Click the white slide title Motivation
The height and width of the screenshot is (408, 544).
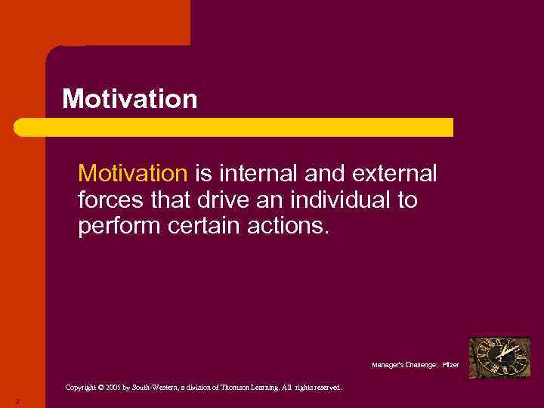[129, 99]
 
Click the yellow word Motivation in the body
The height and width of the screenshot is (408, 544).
[132, 175]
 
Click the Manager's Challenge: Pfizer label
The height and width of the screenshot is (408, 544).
[415, 365]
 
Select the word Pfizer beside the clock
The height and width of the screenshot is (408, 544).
[450, 365]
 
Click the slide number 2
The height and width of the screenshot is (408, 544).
[17, 401]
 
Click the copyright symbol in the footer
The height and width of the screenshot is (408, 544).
[102, 388]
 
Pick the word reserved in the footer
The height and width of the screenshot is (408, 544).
[326, 388]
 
